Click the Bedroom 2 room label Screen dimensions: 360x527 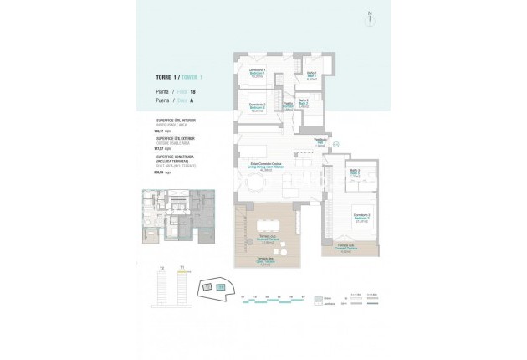258,106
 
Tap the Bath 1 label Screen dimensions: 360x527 310,75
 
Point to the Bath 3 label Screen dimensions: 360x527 355,173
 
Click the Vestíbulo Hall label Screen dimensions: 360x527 319,142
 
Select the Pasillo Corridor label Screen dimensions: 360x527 288,106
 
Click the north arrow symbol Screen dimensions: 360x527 369,17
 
